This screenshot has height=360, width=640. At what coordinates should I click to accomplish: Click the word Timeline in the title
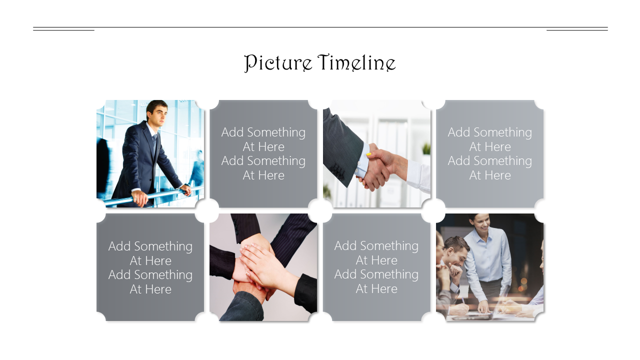click(x=356, y=62)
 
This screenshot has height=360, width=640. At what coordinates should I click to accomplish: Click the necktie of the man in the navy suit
click(x=154, y=144)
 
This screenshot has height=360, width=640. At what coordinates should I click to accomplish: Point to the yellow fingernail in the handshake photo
click(x=368, y=154)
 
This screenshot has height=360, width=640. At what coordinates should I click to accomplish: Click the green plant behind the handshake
click(x=426, y=148)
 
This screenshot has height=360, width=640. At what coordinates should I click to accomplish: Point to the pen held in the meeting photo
click(x=462, y=300)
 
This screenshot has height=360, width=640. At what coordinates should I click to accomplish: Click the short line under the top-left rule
click(x=63, y=30)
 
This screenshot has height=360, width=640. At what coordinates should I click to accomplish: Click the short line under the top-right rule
click(x=577, y=30)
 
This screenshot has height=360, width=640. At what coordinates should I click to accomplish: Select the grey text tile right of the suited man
click(x=263, y=153)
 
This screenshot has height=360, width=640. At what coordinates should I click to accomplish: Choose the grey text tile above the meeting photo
click(x=489, y=153)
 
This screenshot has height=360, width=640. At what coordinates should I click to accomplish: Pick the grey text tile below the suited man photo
click(x=150, y=267)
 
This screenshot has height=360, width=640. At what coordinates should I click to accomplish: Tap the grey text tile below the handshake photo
click(x=376, y=267)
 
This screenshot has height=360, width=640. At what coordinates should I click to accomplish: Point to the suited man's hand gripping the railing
click(x=140, y=197)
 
